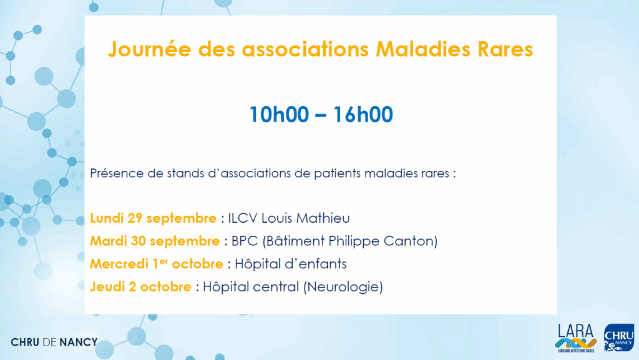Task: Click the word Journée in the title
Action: (149, 49)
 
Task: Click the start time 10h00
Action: (279, 114)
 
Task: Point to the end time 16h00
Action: (363, 114)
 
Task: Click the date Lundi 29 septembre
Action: (154, 218)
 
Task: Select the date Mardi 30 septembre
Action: (155, 241)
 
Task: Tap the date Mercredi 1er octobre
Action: (157, 264)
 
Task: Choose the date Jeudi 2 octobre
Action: (140, 287)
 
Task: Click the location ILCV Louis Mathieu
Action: (288, 218)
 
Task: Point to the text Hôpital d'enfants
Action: (291, 264)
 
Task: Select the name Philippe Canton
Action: (380, 241)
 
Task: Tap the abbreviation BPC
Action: (245, 241)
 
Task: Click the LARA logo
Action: (576, 338)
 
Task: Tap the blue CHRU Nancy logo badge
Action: (619, 338)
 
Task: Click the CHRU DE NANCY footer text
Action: (54, 342)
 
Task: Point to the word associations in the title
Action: (305, 49)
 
